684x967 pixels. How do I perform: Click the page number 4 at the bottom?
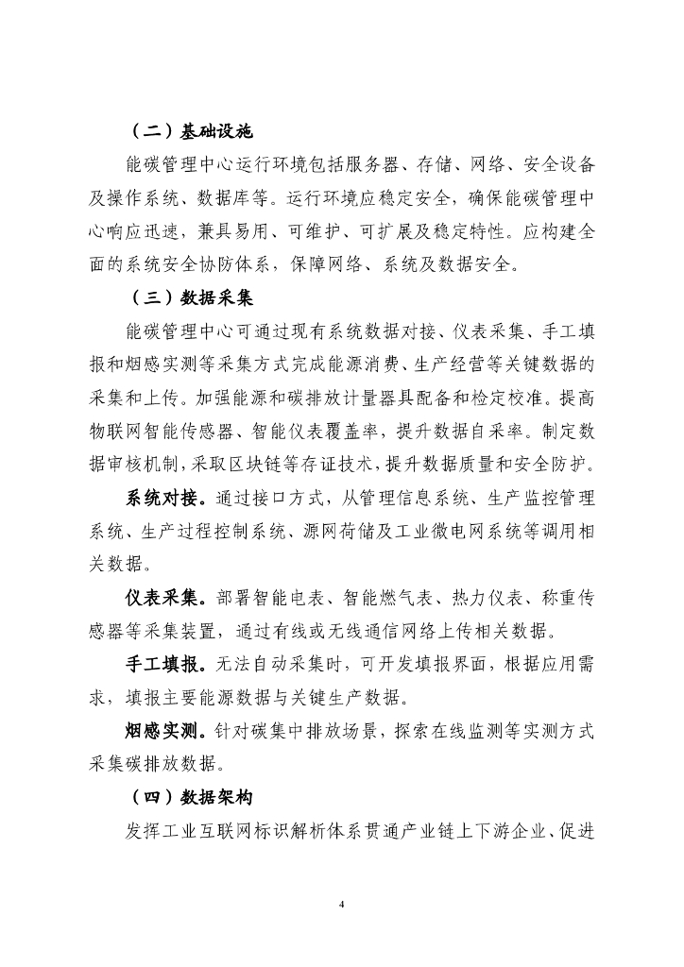[342, 904]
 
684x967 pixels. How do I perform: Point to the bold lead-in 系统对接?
[164, 498]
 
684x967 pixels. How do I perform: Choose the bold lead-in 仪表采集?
[164, 598]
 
